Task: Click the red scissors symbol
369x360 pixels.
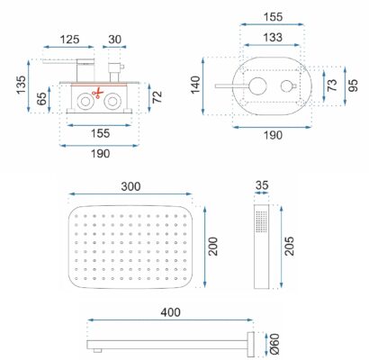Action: coord(97,94)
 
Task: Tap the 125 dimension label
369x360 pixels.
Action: coord(70,40)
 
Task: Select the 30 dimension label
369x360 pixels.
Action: coord(114,40)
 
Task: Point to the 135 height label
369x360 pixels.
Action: coord(21,85)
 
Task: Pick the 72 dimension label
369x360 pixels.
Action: coord(157,97)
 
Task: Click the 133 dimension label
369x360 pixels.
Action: coord(273,38)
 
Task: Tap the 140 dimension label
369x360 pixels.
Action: coord(195,85)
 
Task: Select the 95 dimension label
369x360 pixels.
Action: coord(354,85)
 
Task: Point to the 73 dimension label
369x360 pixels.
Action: coord(332,85)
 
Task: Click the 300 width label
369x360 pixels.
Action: coord(130,186)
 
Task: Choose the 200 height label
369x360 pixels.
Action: coord(213,247)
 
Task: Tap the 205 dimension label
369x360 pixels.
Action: coord(289,247)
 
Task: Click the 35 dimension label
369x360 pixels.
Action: coord(262,185)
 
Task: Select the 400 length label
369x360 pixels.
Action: coord(170,312)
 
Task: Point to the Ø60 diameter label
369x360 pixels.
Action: coord(274,344)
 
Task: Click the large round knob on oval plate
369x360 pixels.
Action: coord(258,86)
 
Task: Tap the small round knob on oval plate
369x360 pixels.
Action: coord(287,86)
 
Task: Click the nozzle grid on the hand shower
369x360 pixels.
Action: coord(261,221)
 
